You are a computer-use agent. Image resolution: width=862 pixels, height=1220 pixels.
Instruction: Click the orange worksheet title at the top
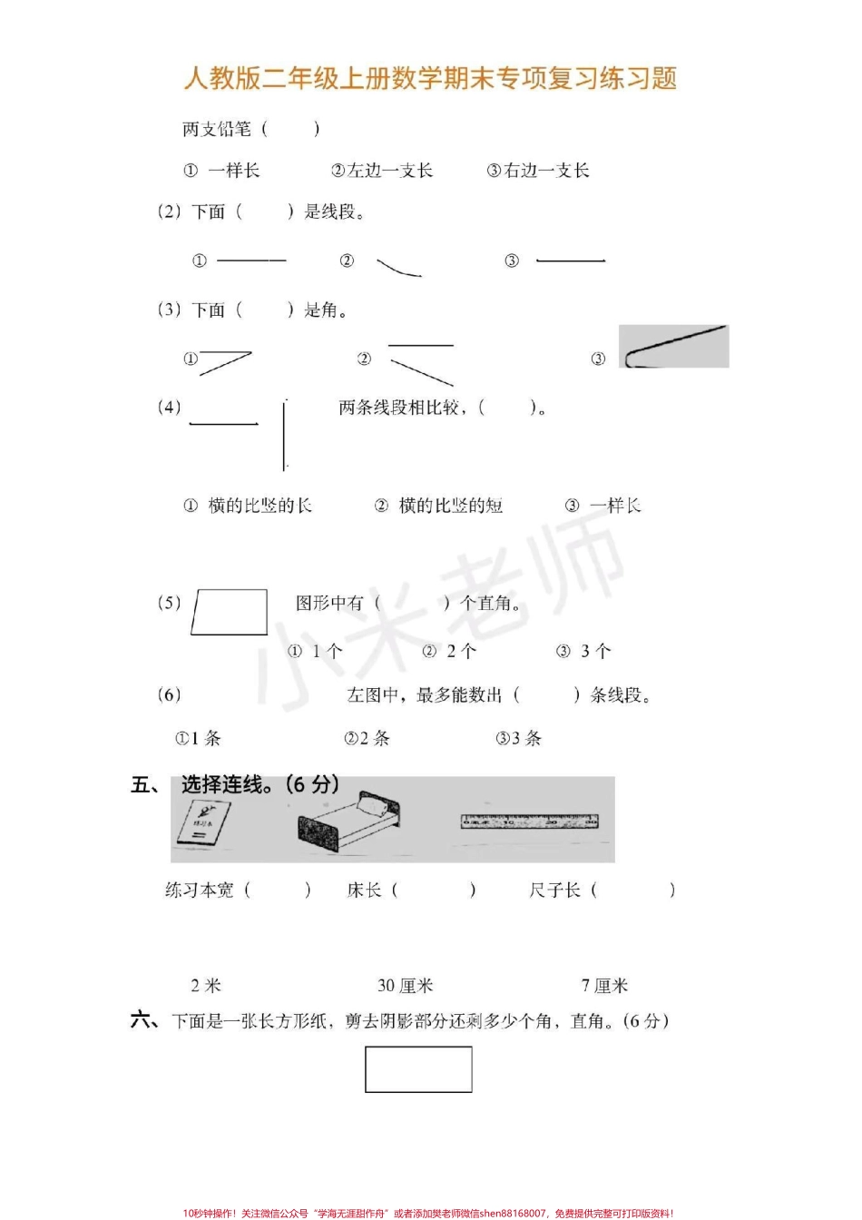point(430,78)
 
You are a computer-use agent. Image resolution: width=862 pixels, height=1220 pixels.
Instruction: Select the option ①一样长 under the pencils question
point(222,171)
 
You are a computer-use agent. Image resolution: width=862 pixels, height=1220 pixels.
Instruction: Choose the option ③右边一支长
point(537,171)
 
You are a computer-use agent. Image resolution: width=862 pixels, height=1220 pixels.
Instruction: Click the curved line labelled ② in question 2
point(398,267)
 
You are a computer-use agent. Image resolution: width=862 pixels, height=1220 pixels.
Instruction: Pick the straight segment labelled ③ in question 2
point(570,261)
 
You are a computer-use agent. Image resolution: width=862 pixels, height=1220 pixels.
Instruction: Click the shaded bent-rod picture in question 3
point(673,347)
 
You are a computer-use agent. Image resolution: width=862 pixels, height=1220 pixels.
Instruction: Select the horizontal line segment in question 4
point(223,423)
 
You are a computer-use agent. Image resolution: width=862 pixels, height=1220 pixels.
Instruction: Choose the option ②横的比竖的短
point(439,506)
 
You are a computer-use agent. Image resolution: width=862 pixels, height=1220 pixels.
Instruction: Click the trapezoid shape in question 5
point(230,612)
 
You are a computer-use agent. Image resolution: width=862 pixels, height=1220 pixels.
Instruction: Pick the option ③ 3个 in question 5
point(583,651)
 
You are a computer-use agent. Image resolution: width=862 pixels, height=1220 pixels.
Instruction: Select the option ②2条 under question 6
point(367,738)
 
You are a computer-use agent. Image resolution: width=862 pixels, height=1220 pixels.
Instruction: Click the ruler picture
point(529,822)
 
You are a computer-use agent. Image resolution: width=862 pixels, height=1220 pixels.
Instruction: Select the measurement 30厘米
point(405,986)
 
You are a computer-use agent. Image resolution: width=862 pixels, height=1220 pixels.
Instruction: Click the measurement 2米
point(206,986)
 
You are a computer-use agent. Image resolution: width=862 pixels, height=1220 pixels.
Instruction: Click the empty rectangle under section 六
point(418,1069)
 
